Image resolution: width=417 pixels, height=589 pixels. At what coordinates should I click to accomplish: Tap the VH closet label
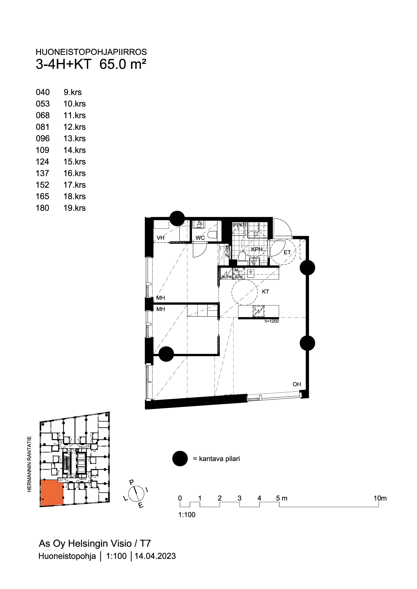pos(161,238)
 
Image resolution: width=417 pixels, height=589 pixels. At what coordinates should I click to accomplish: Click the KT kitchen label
pos(265,292)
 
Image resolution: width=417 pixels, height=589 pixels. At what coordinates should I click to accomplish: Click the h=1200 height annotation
pos(272,321)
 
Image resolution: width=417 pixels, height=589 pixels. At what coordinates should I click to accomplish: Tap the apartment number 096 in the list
pos(43,138)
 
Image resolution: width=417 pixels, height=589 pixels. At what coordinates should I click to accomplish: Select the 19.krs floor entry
pos(74,208)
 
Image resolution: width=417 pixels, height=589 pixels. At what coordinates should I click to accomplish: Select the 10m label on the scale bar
pos(380,498)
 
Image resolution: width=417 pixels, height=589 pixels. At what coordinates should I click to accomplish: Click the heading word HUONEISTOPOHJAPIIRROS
pos(91,52)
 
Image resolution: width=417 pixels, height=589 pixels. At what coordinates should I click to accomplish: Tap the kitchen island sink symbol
pos(258,311)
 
